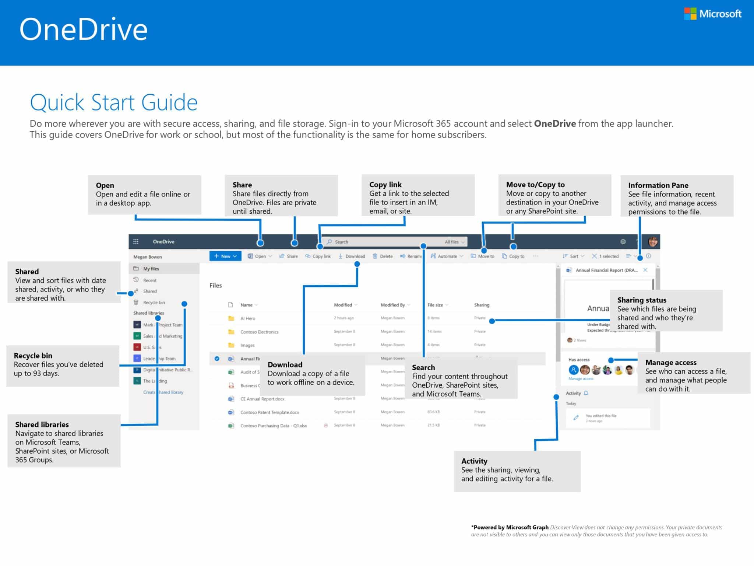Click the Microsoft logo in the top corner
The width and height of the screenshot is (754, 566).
pos(713,14)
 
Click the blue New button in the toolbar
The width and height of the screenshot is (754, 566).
pos(225,256)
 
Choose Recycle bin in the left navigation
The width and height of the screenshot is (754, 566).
pos(154,303)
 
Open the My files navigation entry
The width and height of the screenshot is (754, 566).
pos(151,269)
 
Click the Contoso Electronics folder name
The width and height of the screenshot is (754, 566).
pos(259,332)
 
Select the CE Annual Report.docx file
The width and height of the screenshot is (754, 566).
pos(262,399)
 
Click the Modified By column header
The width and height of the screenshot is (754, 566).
pos(393,305)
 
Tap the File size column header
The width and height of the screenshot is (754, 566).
pos(435,305)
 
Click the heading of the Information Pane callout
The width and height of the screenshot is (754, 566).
pos(658,185)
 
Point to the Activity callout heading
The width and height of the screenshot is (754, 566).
pos(474,461)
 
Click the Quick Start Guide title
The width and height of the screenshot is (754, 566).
pos(114,102)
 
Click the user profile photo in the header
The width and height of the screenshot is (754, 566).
pos(653,242)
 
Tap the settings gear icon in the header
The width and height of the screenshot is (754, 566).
pos(623,242)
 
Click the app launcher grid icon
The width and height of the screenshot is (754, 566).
pos(136,242)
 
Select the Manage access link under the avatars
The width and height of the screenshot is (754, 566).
pos(581,379)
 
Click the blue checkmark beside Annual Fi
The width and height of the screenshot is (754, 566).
pos(217,359)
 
